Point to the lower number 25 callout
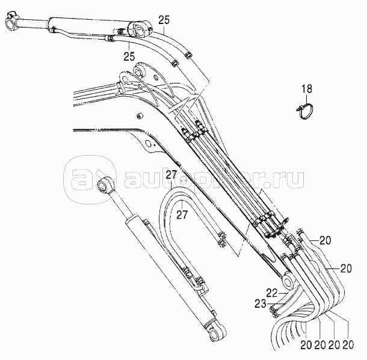(128, 56)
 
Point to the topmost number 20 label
(325, 241)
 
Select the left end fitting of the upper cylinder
(11, 25)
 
